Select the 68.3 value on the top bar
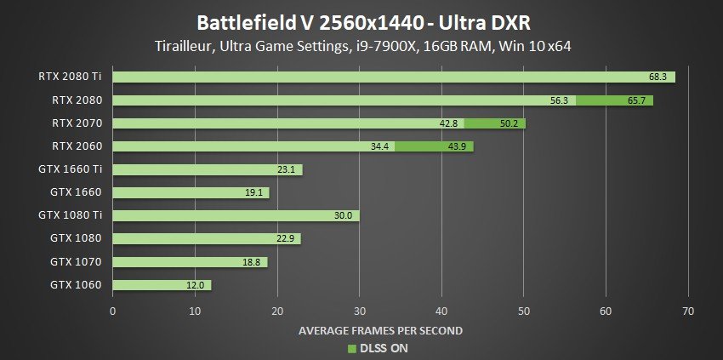point(658,77)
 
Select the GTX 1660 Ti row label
point(73,169)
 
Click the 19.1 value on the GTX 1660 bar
point(254,192)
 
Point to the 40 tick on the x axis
point(441,311)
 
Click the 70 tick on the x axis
point(688,311)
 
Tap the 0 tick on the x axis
point(113,311)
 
